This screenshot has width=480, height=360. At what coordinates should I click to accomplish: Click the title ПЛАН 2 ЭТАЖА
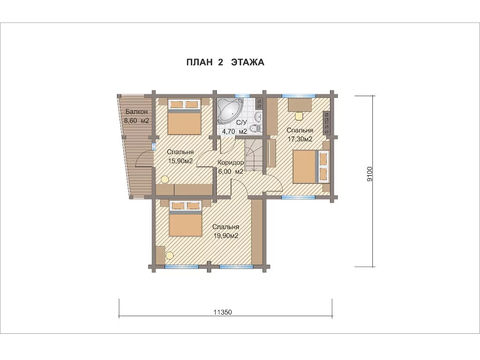tap(225, 62)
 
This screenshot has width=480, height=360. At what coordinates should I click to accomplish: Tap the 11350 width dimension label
tap(223, 312)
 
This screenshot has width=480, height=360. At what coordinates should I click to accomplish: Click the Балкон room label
tap(136, 112)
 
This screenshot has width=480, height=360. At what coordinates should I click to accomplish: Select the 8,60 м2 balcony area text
tap(136, 121)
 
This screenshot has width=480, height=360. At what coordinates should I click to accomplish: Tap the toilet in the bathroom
tap(256, 129)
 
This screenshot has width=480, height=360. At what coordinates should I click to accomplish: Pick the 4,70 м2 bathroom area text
tap(234, 131)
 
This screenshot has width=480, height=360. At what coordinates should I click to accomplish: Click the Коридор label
tap(231, 163)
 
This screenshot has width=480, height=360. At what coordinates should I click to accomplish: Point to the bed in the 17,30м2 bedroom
tap(311, 166)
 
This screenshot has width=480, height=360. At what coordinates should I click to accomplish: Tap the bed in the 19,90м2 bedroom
tap(186, 219)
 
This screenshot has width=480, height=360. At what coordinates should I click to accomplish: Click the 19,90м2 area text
tap(225, 236)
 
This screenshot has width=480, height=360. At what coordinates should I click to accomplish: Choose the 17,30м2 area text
tap(300, 139)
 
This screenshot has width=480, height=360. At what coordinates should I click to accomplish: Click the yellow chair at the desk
tap(299, 115)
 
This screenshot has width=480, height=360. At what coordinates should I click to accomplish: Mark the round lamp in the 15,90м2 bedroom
tap(165, 180)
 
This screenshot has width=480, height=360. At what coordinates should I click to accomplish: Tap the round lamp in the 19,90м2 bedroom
tap(170, 255)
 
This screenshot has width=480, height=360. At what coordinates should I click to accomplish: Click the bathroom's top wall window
tap(242, 96)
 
